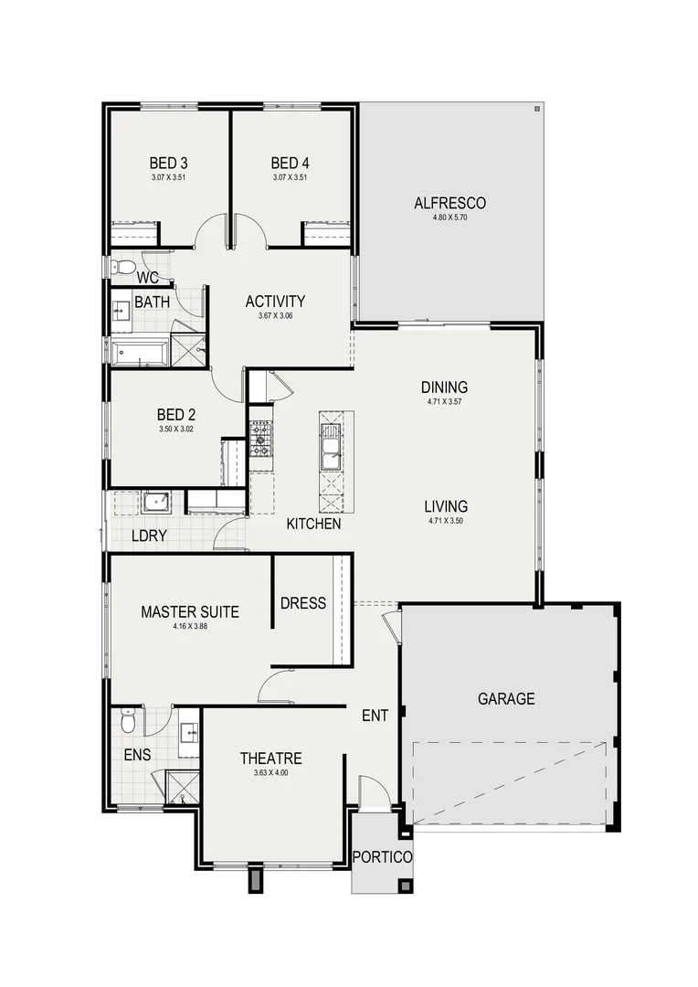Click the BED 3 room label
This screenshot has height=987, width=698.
168,164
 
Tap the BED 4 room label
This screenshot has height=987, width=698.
289,164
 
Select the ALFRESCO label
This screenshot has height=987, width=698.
449,203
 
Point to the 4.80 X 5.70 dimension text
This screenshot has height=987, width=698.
449,218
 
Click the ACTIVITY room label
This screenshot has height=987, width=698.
275,302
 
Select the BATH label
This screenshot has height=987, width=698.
150,302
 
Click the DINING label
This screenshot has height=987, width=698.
444,387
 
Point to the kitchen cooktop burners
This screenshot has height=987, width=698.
260,439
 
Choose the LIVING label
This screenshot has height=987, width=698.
447,505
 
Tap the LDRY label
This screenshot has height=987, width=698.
148,536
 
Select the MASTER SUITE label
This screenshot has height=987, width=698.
190,612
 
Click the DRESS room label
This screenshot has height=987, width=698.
303,603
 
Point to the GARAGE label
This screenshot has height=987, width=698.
505,699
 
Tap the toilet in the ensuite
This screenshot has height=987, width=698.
129,722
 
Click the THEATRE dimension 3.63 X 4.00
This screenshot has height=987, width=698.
270,773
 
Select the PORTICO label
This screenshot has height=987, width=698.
382,857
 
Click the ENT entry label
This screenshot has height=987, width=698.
375,716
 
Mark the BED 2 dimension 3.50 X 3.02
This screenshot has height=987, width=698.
175,428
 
